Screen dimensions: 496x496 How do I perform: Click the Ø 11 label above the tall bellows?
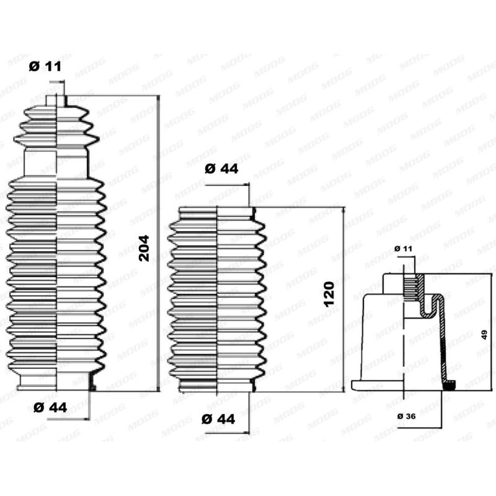coord(45,66)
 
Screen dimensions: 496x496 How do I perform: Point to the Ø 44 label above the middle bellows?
coord(221,169)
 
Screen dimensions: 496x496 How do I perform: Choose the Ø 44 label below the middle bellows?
coord(219,418)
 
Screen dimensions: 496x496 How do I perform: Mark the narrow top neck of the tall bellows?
coord(56,100)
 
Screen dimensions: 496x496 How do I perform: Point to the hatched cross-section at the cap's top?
coord(413,287)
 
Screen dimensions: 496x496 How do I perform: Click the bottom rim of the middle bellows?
coord(217,389)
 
